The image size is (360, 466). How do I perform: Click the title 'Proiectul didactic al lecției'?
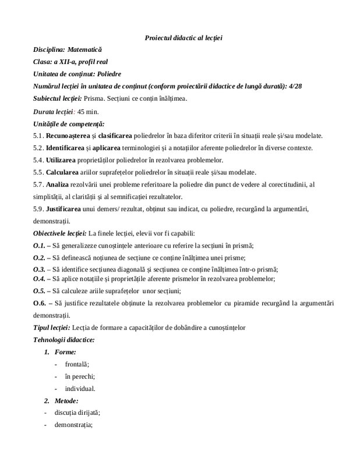[x=184, y=38]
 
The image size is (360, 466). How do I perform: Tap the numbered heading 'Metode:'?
[x=66, y=401]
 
